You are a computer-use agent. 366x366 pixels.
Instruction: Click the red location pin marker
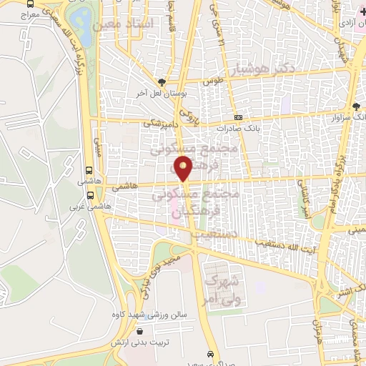click(184, 168)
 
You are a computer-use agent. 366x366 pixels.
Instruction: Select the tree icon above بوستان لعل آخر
click(163, 81)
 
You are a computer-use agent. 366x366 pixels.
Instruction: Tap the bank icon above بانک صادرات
click(239, 118)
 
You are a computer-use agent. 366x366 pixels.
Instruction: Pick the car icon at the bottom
click(210, 354)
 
